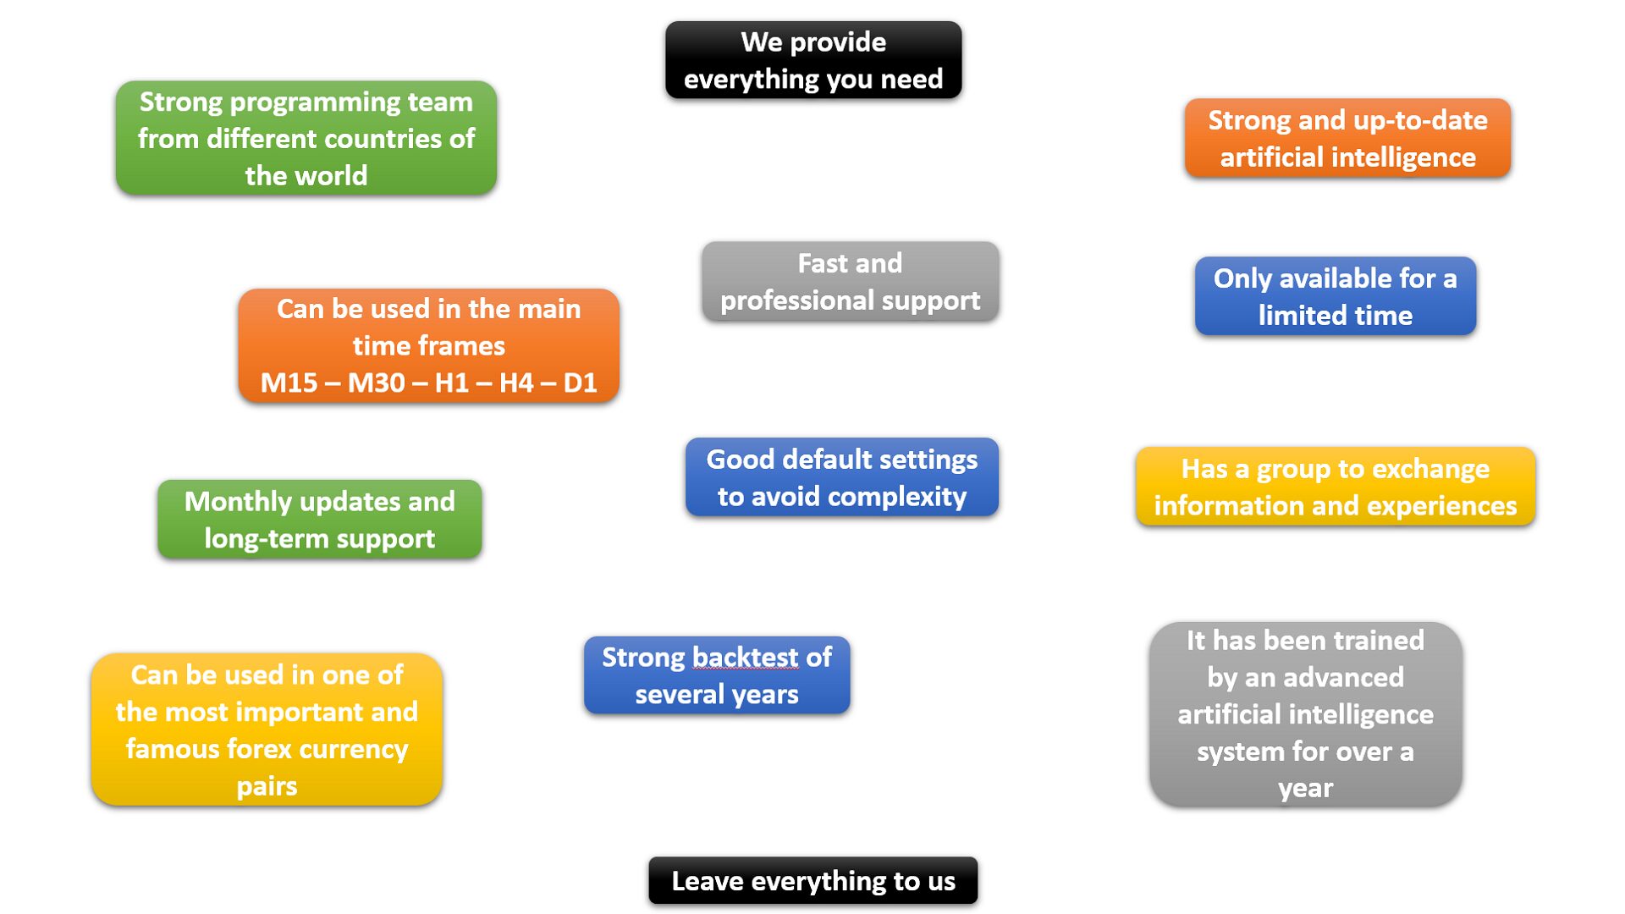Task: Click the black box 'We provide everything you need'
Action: click(813, 60)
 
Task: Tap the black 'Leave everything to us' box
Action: click(813, 881)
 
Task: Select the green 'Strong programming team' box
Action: click(306, 138)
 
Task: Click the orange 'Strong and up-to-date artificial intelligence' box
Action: click(1347, 138)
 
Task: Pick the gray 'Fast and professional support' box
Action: click(851, 281)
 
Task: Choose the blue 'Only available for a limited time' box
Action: click(1336, 296)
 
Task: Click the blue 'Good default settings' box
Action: click(842, 477)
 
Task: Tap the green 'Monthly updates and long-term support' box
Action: click(320, 520)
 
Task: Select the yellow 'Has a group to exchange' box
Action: click(1336, 487)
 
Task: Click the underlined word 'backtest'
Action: click(745, 658)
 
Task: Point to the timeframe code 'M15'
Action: click(289, 383)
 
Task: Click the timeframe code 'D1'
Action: click(581, 383)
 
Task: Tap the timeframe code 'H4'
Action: click(516, 383)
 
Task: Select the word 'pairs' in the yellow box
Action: click(267, 787)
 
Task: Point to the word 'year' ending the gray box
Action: click(1305, 789)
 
